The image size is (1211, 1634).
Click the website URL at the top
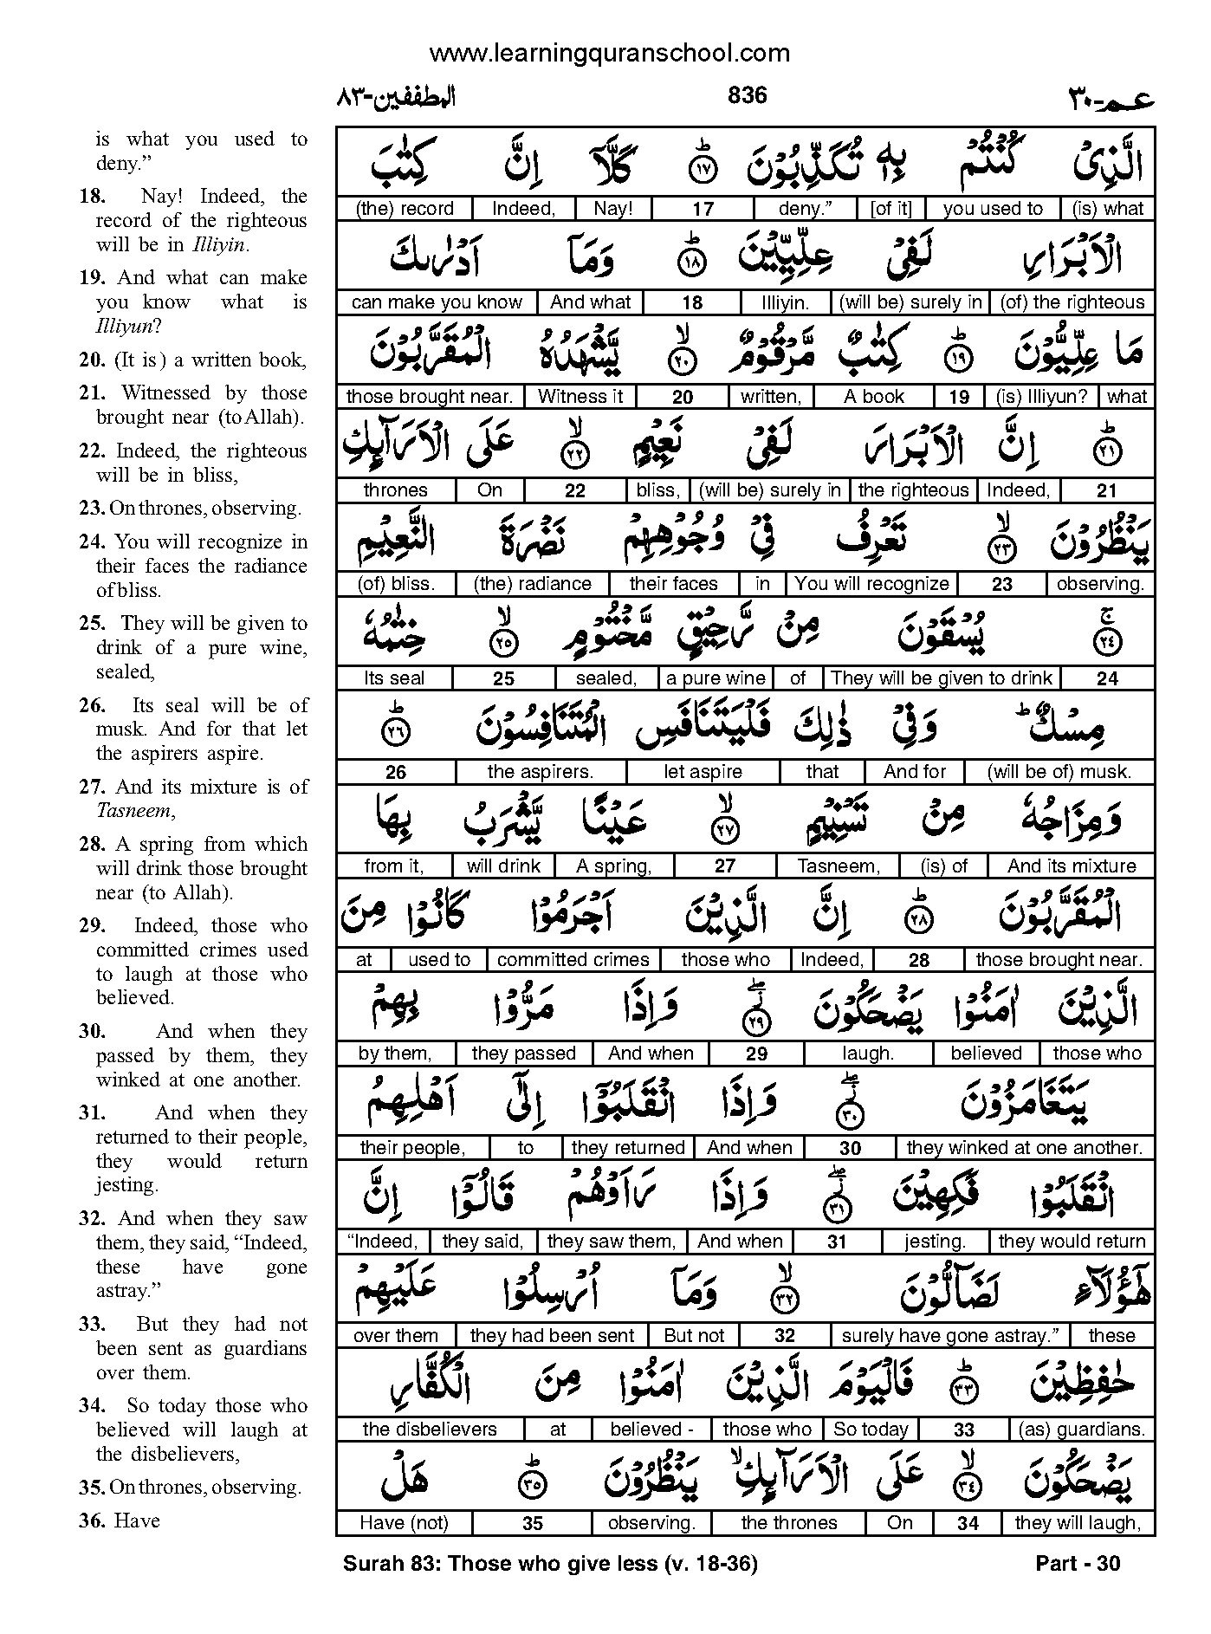point(609,54)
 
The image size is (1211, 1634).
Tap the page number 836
point(747,94)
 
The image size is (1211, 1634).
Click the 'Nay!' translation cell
point(613,209)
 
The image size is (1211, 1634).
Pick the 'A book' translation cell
point(873,397)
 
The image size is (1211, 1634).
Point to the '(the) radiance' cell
point(532,584)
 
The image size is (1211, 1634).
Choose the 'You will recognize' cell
point(871,584)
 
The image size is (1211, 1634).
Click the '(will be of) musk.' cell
point(1058,772)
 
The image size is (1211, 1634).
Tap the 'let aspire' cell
point(703,772)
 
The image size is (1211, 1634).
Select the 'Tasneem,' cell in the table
point(838,866)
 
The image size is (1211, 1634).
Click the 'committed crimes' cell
point(573,960)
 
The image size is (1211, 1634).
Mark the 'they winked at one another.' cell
point(1024,1148)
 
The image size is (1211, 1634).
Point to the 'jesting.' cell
point(934,1242)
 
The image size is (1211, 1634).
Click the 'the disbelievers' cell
point(430,1430)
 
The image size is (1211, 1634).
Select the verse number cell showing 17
point(703,209)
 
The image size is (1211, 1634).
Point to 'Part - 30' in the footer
point(1078,1564)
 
